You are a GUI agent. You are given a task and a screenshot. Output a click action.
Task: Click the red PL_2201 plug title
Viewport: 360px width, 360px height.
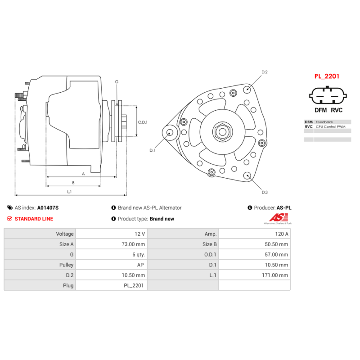pyautogui.click(x=327, y=76)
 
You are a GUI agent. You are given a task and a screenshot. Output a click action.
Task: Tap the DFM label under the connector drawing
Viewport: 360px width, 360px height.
pyautogui.click(x=320, y=110)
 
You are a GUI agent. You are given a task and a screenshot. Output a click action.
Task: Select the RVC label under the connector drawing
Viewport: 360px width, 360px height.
pyautogui.click(x=337, y=110)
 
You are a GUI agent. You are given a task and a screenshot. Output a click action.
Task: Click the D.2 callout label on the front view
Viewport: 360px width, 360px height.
pyautogui.click(x=265, y=72)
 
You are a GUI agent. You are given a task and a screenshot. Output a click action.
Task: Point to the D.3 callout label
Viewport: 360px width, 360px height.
pyautogui.click(x=265, y=193)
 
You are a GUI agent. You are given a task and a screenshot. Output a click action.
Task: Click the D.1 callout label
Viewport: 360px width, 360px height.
pyautogui.click(x=152, y=150)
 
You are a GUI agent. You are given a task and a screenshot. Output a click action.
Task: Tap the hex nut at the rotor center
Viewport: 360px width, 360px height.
pyautogui.click(x=222, y=132)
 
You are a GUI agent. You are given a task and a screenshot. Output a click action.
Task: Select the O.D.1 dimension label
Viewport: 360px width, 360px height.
pyautogui.click(x=143, y=122)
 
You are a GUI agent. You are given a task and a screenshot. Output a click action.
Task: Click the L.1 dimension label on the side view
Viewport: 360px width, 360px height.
pyautogui.click(x=69, y=192)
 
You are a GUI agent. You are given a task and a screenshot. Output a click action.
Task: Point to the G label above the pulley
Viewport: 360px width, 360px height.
pyautogui.click(x=117, y=81)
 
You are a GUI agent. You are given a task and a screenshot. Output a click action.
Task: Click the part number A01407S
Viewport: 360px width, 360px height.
pyautogui.click(x=48, y=208)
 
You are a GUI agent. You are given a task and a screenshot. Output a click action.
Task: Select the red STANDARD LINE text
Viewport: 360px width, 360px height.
pyautogui.click(x=34, y=219)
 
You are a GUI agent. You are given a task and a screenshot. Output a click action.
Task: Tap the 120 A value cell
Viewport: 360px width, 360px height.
pyautogui.click(x=281, y=234)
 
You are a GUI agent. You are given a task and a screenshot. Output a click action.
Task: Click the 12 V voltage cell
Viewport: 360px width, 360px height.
pyautogui.click(x=140, y=234)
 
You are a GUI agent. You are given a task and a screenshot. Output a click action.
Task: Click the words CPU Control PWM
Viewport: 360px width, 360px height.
pyautogui.click(x=331, y=127)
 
